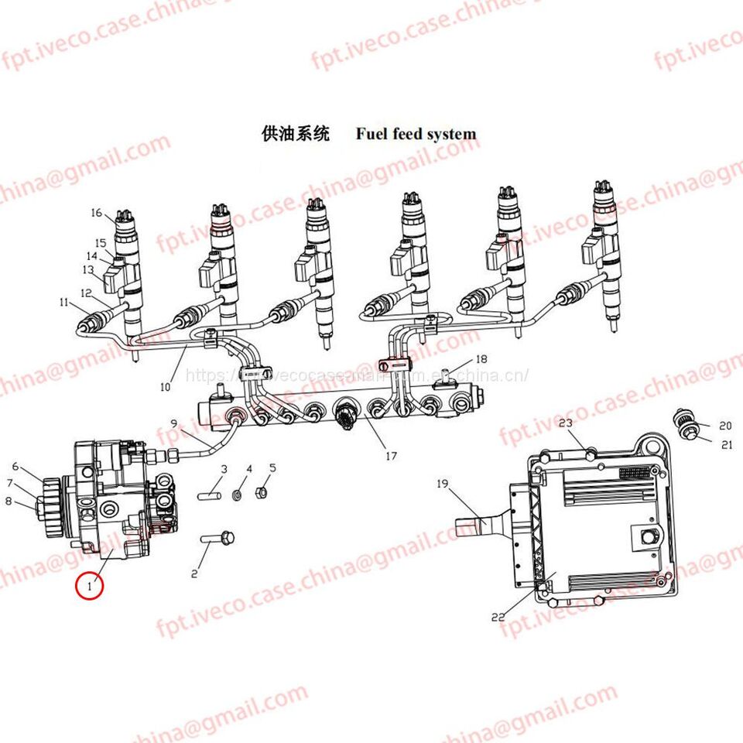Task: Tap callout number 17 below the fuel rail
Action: coord(391,456)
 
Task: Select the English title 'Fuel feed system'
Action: coord(416,134)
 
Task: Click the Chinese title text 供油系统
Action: coord(296,134)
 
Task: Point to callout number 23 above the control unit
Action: coord(565,423)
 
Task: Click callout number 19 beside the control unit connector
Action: coord(443,484)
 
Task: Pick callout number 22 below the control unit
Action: coord(498,617)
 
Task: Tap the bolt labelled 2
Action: coord(217,536)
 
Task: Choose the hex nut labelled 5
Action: coord(262,491)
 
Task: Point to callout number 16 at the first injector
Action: coord(96,214)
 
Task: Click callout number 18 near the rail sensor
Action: coord(481,359)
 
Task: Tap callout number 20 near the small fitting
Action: coord(724,426)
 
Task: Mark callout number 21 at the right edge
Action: coord(726,444)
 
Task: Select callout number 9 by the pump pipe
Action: coord(174,423)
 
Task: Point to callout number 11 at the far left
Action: coord(63,303)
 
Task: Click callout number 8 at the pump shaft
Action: coord(9,501)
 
